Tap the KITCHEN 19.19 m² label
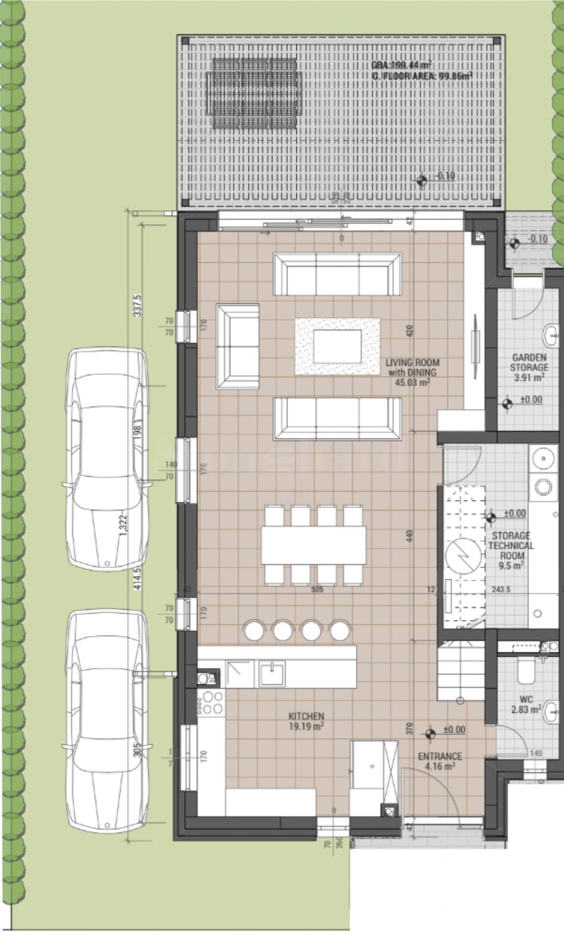click(306, 720)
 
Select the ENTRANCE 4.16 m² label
click(440, 761)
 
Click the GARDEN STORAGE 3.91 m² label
click(529, 367)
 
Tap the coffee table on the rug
click(337, 346)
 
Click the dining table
click(314, 545)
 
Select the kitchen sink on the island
click(271, 674)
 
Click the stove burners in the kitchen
click(211, 703)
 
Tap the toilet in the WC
click(527, 670)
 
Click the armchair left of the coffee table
click(238, 346)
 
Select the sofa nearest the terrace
click(337, 274)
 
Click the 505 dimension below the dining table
click(317, 590)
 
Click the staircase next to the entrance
click(460, 670)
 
